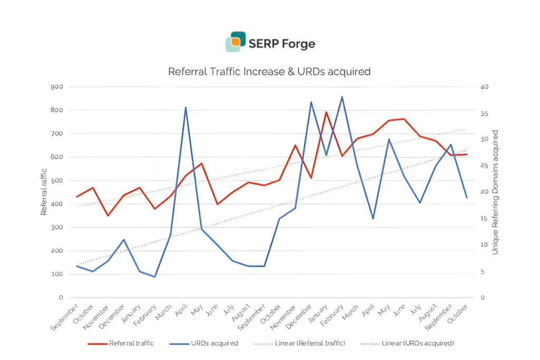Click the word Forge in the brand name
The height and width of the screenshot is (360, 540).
pyautogui.click(x=298, y=44)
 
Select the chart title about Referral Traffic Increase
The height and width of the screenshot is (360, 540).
pyautogui.click(x=269, y=71)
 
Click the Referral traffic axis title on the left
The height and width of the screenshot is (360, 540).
pyautogui.click(x=45, y=192)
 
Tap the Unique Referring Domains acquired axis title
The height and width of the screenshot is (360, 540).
pyautogui.click(x=495, y=192)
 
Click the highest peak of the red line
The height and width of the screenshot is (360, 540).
pyautogui.click(x=326, y=112)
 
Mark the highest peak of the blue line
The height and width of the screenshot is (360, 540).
pyautogui.click(x=342, y=97)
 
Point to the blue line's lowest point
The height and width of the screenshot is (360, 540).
pyautogui.click(x=155, y=277)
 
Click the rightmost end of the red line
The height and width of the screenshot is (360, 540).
pyautogui.click(x=467, y=154)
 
